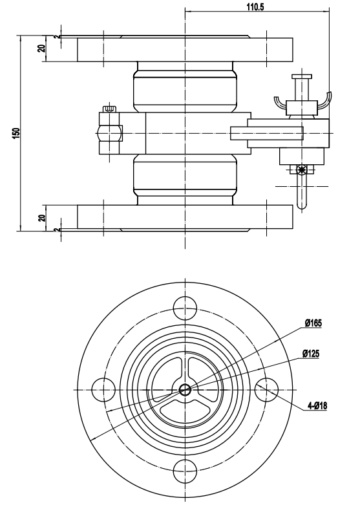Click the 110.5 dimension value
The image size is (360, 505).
[x=255, y=6]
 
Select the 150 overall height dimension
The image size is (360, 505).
[x=16, y=133]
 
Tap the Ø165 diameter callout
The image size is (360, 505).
[x=313, y=323]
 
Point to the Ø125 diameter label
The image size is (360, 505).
[x=311, y=354]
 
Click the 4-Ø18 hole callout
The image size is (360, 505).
[x=317, y=405]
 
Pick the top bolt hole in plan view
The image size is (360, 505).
[x=185, y=308]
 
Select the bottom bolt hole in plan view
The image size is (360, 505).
[x=185, y=471]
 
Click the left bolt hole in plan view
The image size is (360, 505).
[x=103, y=390]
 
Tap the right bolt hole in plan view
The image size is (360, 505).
[x=266, y=390]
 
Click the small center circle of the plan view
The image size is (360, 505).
[x=185, y=390]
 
